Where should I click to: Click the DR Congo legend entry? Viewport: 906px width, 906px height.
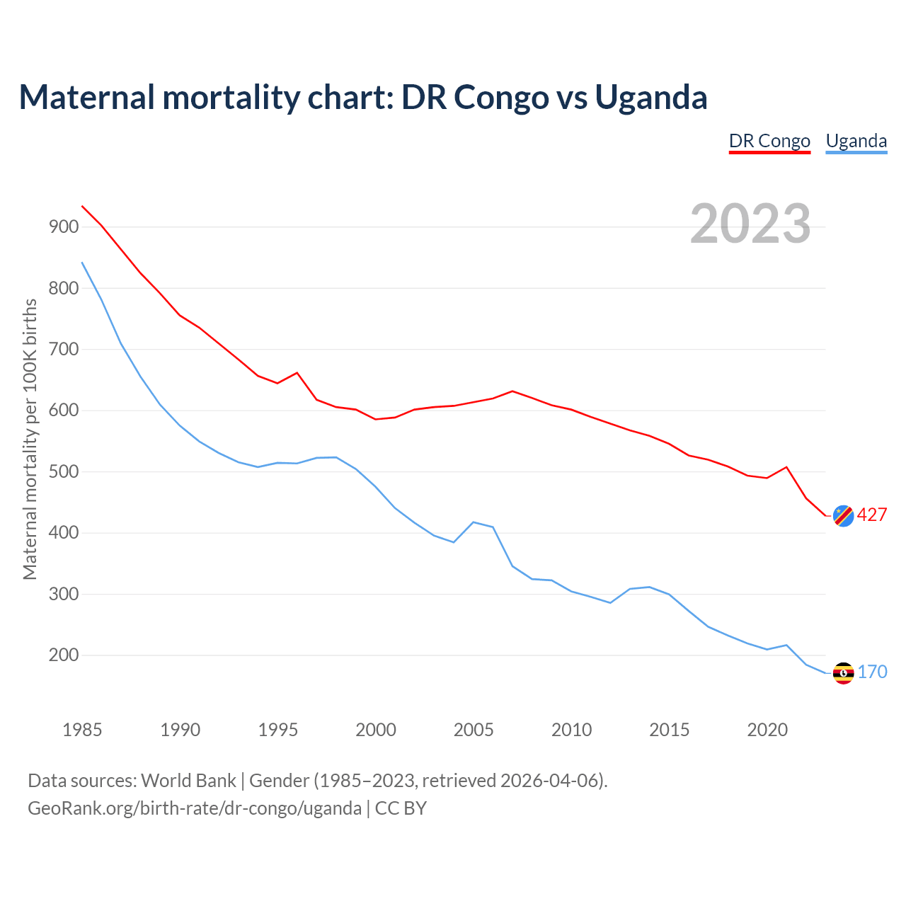click(769, 141)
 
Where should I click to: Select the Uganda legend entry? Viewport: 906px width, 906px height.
click(856, 141)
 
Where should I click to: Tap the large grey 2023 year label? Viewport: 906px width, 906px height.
click(750, 223)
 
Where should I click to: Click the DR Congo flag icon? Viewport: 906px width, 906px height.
click(843, 516)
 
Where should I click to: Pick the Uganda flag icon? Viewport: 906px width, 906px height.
click(843, 673)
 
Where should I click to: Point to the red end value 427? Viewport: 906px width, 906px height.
click(872, 515)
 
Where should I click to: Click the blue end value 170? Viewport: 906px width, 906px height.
click(872, 672)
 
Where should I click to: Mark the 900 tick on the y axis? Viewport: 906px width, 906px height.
click(64, 227)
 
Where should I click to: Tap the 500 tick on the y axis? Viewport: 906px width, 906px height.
click(64, 472)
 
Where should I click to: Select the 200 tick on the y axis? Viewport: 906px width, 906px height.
click(64, 655)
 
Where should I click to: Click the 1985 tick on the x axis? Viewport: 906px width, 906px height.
click(82, 730)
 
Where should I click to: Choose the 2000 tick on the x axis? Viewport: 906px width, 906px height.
click(376, 730)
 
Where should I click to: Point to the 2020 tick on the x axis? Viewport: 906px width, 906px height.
click(767, 730)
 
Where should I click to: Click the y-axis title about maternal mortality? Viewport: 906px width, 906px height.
click(30, 439)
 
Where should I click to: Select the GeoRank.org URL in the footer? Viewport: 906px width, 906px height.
click(195, 808)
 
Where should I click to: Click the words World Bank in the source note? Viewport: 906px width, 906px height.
click(188, 781)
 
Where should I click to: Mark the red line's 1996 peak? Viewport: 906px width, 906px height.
click(297, 372)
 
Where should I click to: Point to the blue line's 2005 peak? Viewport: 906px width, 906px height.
click(473, 522)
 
